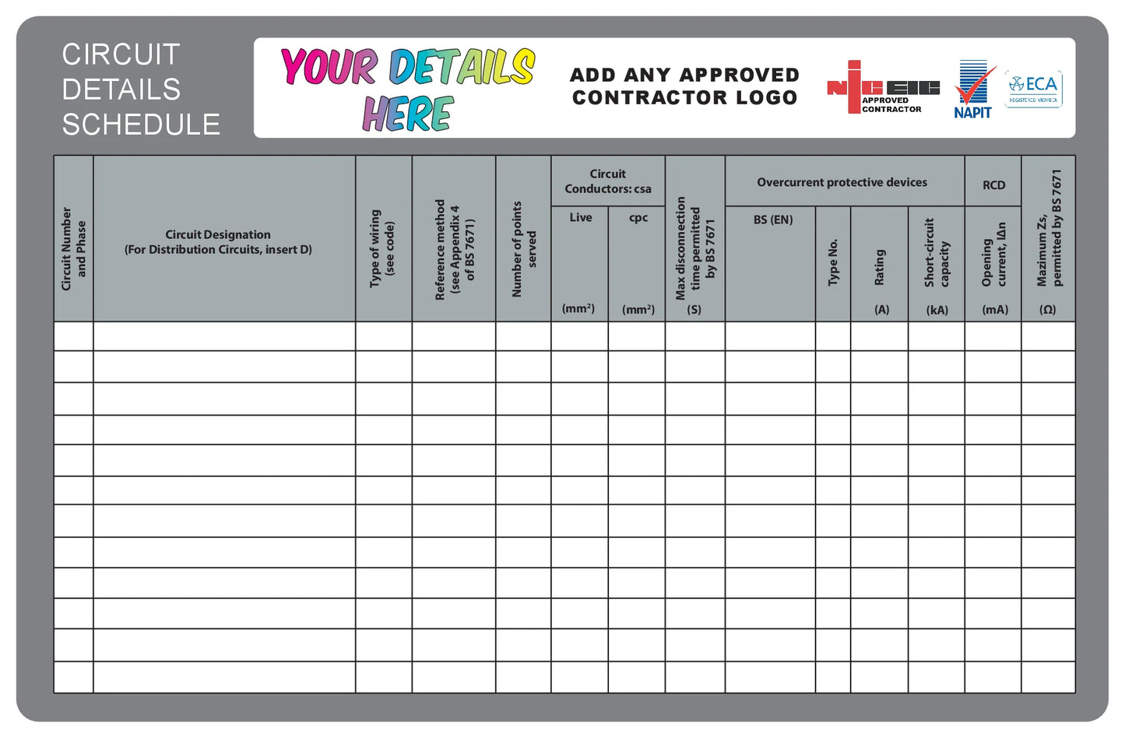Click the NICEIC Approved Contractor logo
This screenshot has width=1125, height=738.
[x=882, y=88]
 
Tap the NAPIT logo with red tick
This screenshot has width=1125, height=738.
[x=974, y=89]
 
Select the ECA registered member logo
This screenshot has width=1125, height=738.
[x=1033, y=89]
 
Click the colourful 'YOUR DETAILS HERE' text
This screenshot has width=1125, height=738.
[x=408, y=88]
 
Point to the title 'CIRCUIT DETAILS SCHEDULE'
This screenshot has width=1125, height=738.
[x=140, y=89]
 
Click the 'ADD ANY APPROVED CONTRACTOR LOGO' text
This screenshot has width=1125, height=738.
[x=684, y=86]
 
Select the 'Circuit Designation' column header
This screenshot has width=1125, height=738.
[x=218, y=241]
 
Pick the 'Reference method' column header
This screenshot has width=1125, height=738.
[x=454, y=249]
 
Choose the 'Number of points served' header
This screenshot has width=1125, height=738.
[x=523, y=249]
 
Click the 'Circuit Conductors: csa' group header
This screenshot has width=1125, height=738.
[x=608, y=181]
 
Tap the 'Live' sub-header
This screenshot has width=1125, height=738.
[x=580, y=218]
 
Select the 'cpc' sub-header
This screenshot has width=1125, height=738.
[x=638, y=218]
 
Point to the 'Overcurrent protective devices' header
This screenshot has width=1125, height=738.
[x=842, y=182]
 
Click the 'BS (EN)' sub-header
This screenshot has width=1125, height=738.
[x=772, y=220]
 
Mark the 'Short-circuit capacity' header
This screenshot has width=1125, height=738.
[x=937, y=253]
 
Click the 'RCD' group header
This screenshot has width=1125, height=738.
[x=993, y=185]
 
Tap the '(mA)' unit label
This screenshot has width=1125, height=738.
[x=994, y=310]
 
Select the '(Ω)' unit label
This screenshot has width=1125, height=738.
[x=1048, y=310]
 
